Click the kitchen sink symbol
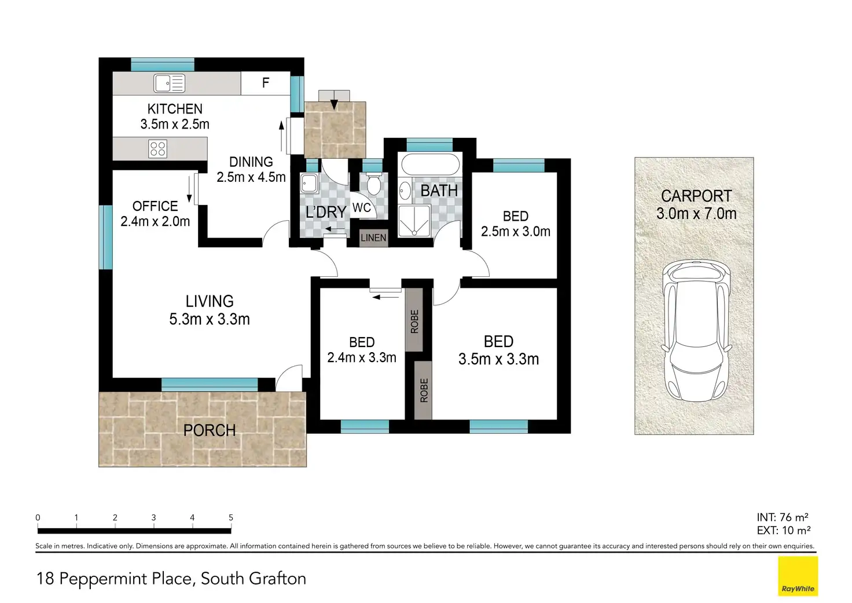pyautogui.click(x=169, y=83)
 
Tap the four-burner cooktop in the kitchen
pyautogui.click(x=157, y=149)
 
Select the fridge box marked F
pyautogui.click(x=266, y=83)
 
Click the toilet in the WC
pyautogui.click(x=374, y=184)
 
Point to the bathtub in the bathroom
pyautogui.click(x=431, y=165)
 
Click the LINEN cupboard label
pyautogui.click(x=373, y=238)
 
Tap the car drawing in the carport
pyautogui.click(x=696, y=331)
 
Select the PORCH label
pyautogui.click(x=210, y=430)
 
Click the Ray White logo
pyautogui.click(x=798, y=576)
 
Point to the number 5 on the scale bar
pyautogui.click(x=230, y=518)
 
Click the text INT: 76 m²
pyautogui.click(x=783, y=517)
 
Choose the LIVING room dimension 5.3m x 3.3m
pyautogui.click(x=210, y=319)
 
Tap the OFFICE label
pyautogui.click(x=155, y=206)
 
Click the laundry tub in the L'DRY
pyautogui.click(x=309, y=184)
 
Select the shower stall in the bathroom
pyautogui.click(x=414, y=221)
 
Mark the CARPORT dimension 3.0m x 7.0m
pyautogui.click(x=696, y=214)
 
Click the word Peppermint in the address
pyautogui.click(x=125, y=579)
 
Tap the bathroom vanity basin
pyautogui.click(x=405, y=191)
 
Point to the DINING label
pyautogui.click(x=251, y=162)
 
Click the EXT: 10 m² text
pyautogui.click(x=784, y=530)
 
